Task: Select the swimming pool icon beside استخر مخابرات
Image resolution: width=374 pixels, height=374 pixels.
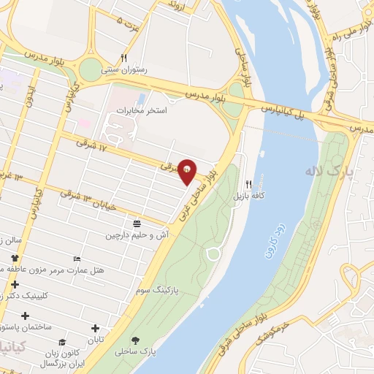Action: [x=141, y=97]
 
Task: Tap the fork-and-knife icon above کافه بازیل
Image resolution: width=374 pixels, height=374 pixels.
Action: [x=248, y=184]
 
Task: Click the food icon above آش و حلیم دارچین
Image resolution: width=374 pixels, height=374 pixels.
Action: [x=137, y=222]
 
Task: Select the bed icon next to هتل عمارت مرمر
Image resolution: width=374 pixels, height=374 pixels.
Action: [x=77, y=259]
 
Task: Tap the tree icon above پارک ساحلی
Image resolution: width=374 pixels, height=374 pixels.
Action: [x=135, y=340]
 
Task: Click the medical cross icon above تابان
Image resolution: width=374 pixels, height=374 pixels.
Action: [x=96, y=327]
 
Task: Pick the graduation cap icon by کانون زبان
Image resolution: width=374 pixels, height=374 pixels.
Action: [x=63, y=342]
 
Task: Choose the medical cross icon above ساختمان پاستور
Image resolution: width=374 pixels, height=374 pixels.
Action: [x=26, y=316]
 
